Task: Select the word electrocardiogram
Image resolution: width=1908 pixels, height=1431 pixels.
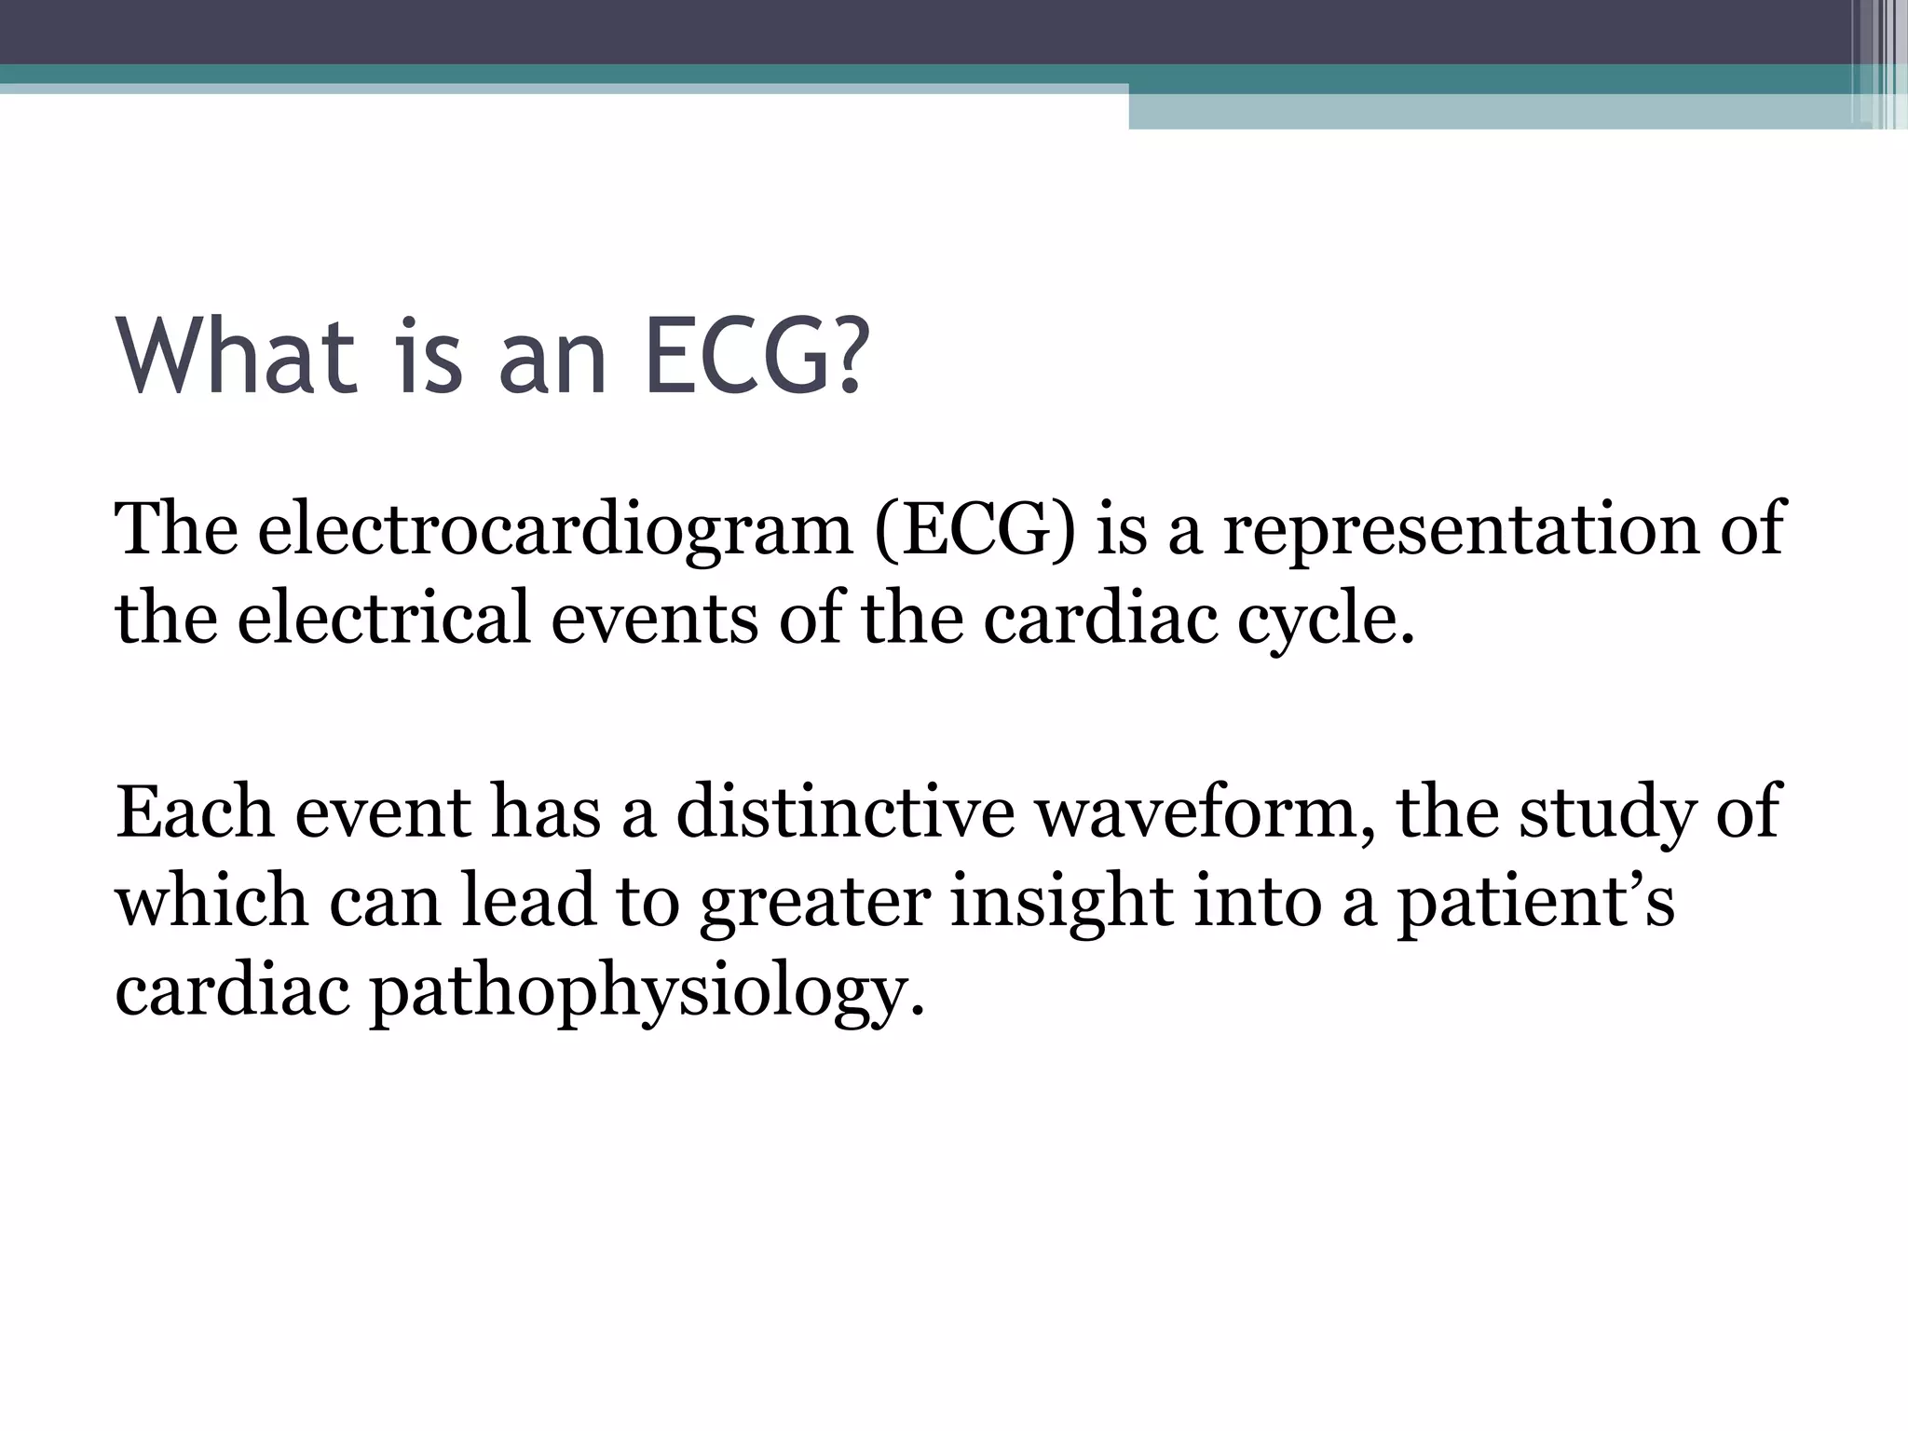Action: coord(555,528)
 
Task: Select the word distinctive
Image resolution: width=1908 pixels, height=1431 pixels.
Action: coord(845,811)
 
